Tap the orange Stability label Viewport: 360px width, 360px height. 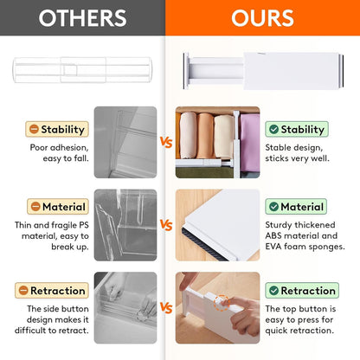tap(57, 130)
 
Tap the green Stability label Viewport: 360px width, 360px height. tap(297, 130)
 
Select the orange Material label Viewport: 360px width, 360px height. tap(57, 207)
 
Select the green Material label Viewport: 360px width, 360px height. tap(297, 207)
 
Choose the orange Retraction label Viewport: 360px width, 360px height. tap(57, 290)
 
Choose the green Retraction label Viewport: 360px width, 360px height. tap(297, 290)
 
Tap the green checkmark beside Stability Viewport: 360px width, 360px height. tap(273, 130)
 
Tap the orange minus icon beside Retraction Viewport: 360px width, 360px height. tap(33, 290)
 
